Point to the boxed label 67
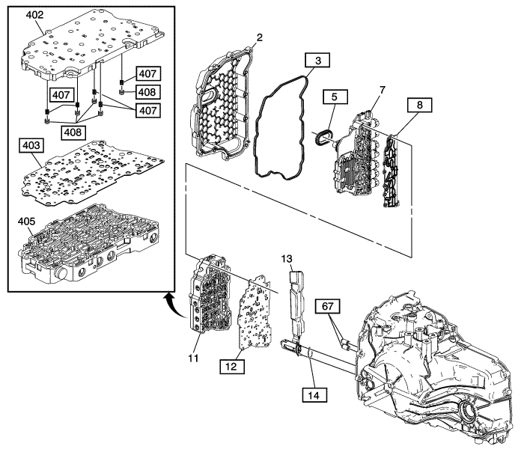pyautogui.click(x=330, y=306)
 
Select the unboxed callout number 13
pyautogui.click(x=287, y=259)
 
